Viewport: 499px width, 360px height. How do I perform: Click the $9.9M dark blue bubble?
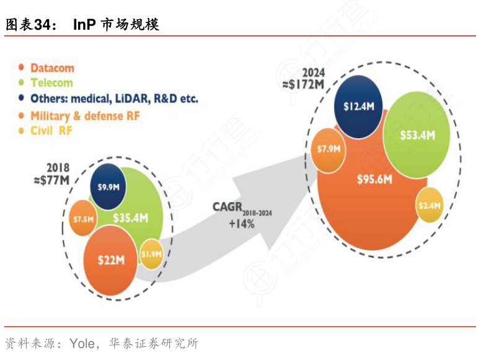tap(108, 185)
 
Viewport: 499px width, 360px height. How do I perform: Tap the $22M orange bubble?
tap(110, 260)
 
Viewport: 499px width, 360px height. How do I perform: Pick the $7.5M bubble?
tap(82, 219)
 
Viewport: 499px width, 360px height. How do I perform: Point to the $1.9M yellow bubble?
tap(151, 253)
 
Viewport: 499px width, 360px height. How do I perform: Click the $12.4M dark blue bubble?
tap(358, 106)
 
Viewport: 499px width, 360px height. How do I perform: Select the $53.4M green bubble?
tap(417, 134)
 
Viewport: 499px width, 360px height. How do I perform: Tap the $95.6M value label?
tap(375, 180)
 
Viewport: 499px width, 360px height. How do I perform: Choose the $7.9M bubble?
tap(329, 149)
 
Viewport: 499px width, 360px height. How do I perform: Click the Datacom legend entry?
tap(52, 68)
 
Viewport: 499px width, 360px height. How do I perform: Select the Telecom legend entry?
tap(51, 82)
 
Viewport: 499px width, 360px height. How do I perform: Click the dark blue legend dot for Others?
tap(22, 98)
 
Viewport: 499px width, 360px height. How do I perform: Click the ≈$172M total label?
tap(305, 83)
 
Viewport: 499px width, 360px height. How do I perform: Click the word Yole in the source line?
tap(82, 343)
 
